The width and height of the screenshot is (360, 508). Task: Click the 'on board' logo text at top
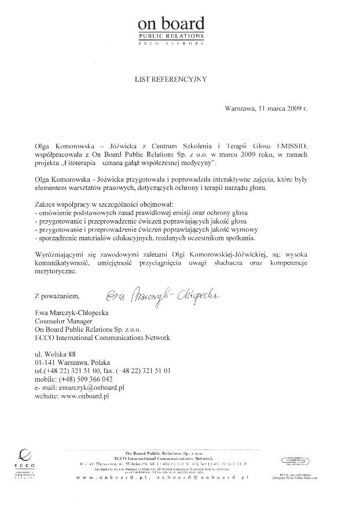click(170, 24)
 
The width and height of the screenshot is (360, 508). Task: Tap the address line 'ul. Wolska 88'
click(55, 354)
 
